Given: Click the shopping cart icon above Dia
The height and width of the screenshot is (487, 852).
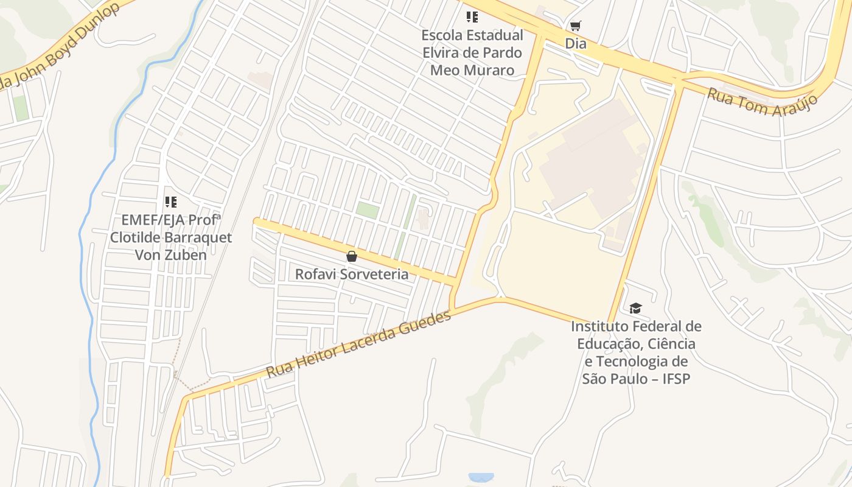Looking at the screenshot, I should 575,26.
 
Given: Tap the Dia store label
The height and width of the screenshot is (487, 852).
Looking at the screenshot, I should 576,43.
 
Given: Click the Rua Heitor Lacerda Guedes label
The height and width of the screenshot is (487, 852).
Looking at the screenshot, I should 359,343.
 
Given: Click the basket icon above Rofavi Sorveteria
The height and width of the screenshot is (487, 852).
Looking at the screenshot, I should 351,256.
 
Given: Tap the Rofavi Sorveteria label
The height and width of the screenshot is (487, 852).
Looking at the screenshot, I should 352,274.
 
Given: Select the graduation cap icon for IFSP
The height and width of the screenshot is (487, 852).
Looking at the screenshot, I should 635,309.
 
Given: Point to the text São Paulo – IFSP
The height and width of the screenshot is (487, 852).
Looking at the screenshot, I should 636,379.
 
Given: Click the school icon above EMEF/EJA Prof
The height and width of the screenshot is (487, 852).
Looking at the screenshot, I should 170,201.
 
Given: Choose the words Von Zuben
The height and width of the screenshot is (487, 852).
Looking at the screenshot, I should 170,254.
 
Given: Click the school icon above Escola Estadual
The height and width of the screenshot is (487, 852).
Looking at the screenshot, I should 472,17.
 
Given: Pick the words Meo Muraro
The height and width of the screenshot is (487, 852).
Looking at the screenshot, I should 472,70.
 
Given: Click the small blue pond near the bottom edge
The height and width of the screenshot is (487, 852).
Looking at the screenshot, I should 481,477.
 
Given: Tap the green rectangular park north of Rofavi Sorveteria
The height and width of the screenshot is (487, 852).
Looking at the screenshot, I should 367,210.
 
